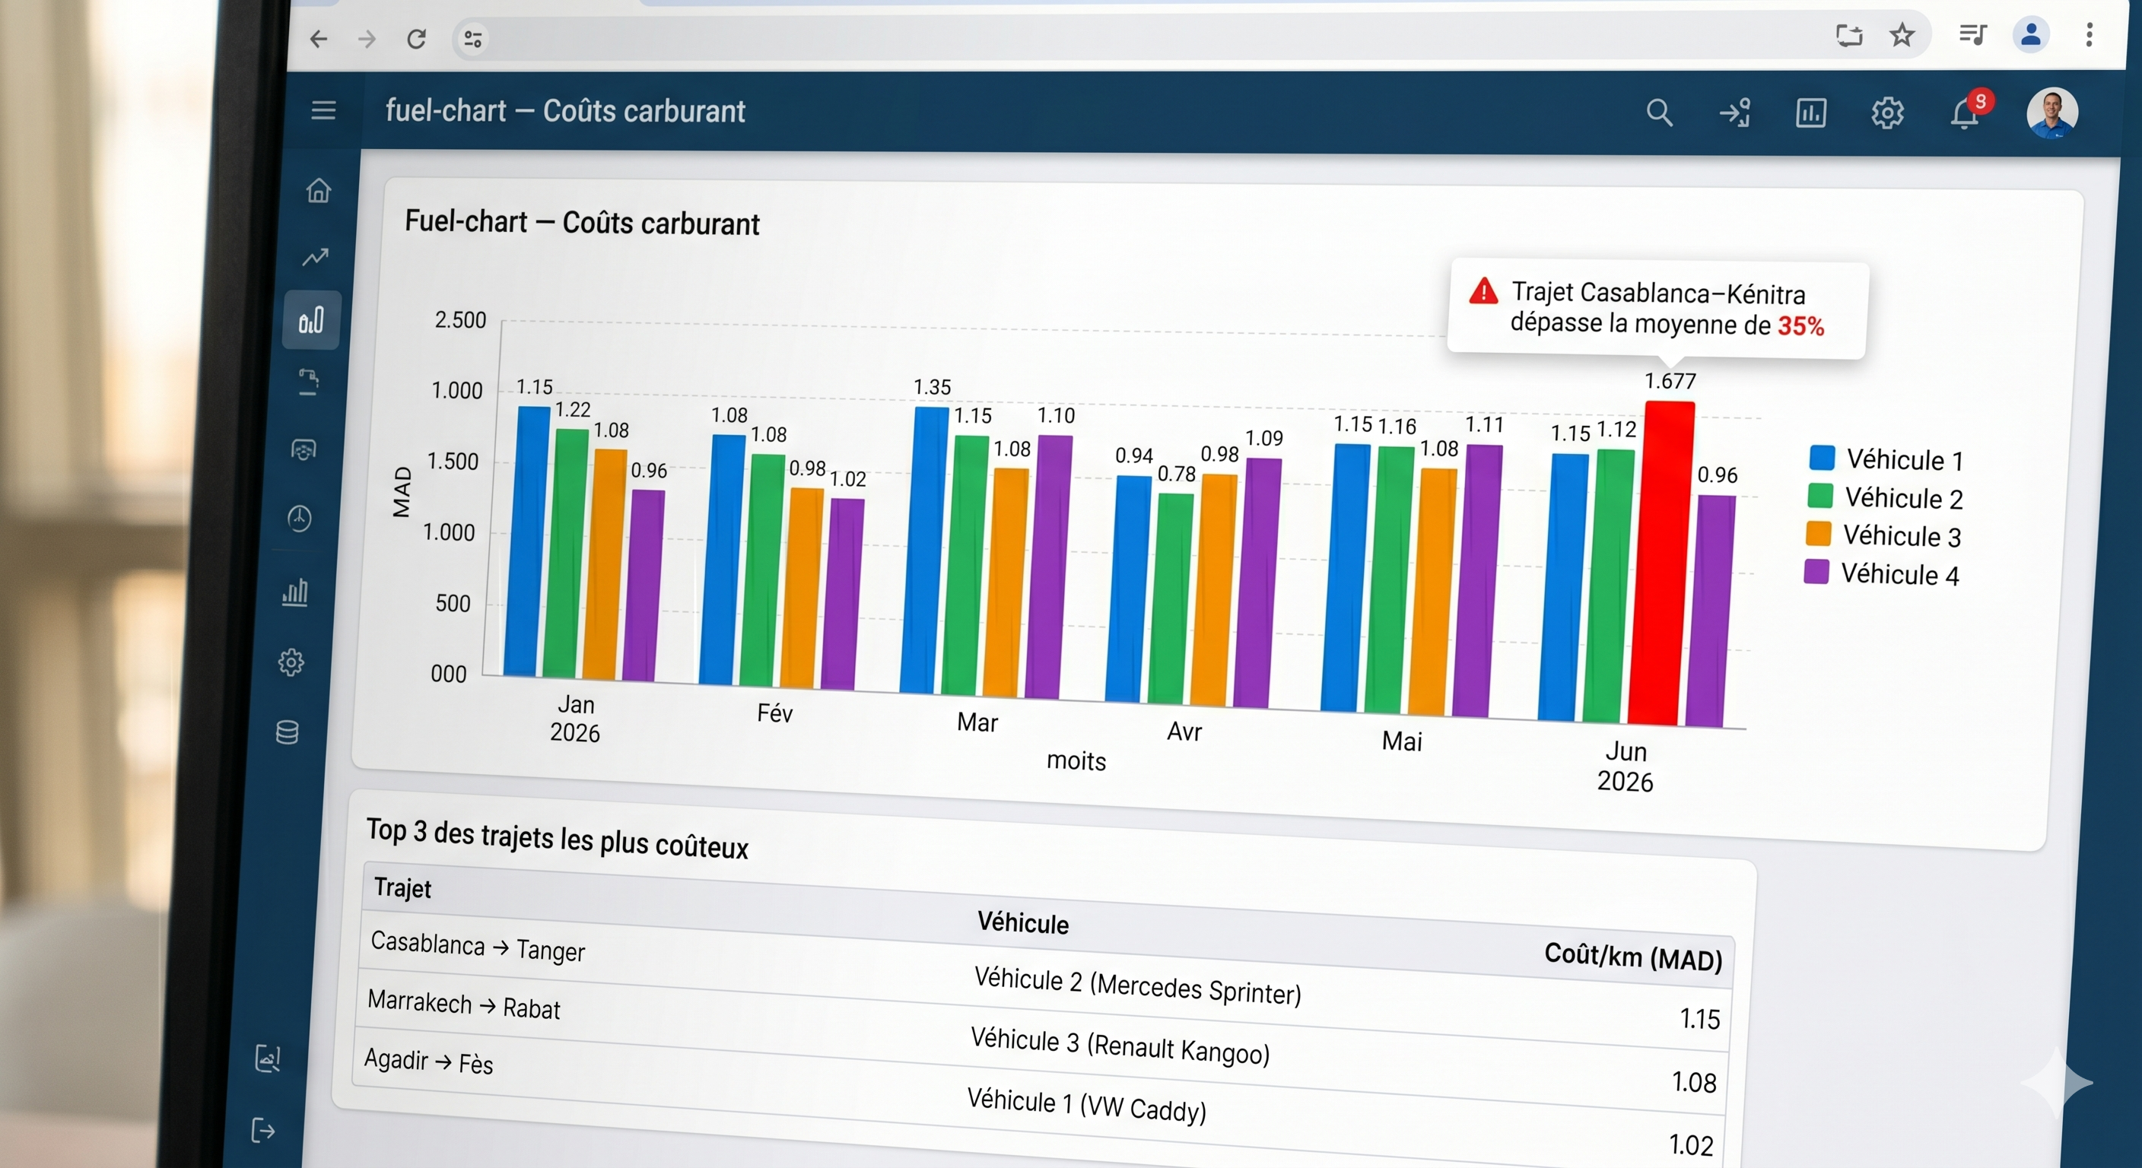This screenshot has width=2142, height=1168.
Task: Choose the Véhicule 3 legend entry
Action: (1883, 535)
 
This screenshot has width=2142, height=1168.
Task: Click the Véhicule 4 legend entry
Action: (1881, 573)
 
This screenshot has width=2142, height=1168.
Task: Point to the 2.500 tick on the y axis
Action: (460, 320)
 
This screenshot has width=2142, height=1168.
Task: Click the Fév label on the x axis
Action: (774, 713)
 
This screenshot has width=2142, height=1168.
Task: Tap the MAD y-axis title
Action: (402, 491)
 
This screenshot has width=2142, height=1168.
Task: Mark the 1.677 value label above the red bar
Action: (1670, 381)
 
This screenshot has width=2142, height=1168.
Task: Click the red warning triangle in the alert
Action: (1483, 292)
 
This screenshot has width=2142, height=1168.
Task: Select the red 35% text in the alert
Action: (1801, 326)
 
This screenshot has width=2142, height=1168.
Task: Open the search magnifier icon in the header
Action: (1659, 113)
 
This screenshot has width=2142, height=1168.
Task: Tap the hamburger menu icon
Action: (323, 109)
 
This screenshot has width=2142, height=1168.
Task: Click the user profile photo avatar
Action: (2051, 113)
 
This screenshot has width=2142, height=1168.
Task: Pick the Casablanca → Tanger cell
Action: (477, 946)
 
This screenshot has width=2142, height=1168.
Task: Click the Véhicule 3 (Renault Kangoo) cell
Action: (1120, 1046)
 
